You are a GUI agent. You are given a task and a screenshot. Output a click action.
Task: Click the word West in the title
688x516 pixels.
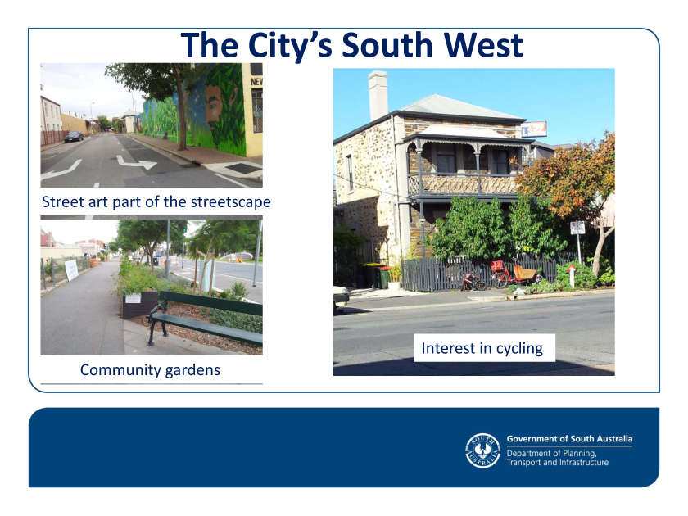pyautogui.click(x=482, y=45)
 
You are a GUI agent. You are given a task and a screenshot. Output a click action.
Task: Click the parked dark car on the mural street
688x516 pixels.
pyautogui.click(x=73, y=136)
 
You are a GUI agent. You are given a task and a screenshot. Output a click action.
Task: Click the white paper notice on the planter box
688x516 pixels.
pyautogui.click(x=133, y=298)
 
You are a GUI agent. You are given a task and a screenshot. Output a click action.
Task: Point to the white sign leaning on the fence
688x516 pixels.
pyautogui.click(x=71, y=269)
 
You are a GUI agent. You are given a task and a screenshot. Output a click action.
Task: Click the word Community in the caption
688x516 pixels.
pyautogui.click(x=115, y=370)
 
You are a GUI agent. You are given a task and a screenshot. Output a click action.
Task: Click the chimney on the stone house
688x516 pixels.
pyautogui.click(x=378, y=95)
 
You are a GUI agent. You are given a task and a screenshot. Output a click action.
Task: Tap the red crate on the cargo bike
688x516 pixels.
pyautogui.click(x=496, y=265)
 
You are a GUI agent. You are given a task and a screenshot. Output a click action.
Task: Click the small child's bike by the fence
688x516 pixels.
pyautogui.click(x=473, y=281)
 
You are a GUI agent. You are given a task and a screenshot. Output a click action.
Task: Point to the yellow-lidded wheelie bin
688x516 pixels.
pyautogui.click(x=372, y=275)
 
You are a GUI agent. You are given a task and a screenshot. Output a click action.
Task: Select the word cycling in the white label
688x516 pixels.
pyautogui.click(x=519, y=348)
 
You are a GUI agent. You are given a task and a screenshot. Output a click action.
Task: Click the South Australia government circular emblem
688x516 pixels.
pyautogui.click(x=482, y=450)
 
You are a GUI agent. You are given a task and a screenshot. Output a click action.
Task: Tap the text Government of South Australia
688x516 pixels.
pyautogui.click(x=569, y=439)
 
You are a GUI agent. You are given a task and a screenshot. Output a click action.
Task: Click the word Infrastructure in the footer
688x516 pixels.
pyautogui.click(x=582, y=463)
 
